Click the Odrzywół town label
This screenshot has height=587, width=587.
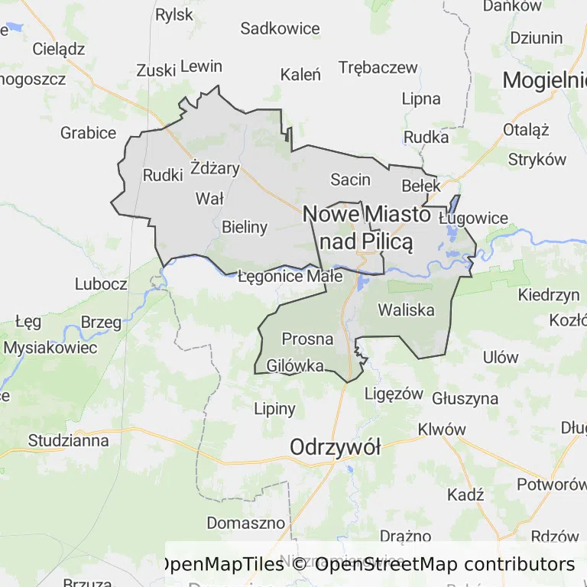pyautogui.click(x=335, y=448)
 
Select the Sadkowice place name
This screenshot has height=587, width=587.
pyautogui.click(x=280, y=29)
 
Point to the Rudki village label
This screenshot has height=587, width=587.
pyautogui.click(x=163, y=175)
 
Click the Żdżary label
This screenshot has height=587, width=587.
pyautogui.click(x=215, y=168)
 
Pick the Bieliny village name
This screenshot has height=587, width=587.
pyautogui.click(x=245, y=226)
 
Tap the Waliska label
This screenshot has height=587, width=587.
pyautogui.click(x=406, y=310)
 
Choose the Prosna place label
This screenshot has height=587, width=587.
pyautogui.click(x=307, y=338)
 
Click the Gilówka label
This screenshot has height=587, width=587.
pyautogui.click(x=295, y=366)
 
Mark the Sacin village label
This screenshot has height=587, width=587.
pyautogui.click(x=350, y=180)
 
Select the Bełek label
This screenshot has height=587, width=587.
pyautogui.click(x=421, y=186)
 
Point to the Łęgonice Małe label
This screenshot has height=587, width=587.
pyautogui.click(x=290, y=277)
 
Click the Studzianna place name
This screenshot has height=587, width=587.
pyautogui.click(x=68, y=440)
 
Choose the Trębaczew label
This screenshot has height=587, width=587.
pyautogui.click(x=378, y=67)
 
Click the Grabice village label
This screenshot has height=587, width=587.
pyautogui.click(x=88, y=133)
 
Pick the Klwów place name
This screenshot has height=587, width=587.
pyautogui.click(x=442, y=430)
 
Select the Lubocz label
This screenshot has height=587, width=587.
pyautogui.click(x=101, y=284)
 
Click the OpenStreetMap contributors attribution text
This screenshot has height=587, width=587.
pyautogui.click(x=444, y=564)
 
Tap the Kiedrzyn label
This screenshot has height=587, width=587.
pyautogui.click(x=548, y=294)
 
